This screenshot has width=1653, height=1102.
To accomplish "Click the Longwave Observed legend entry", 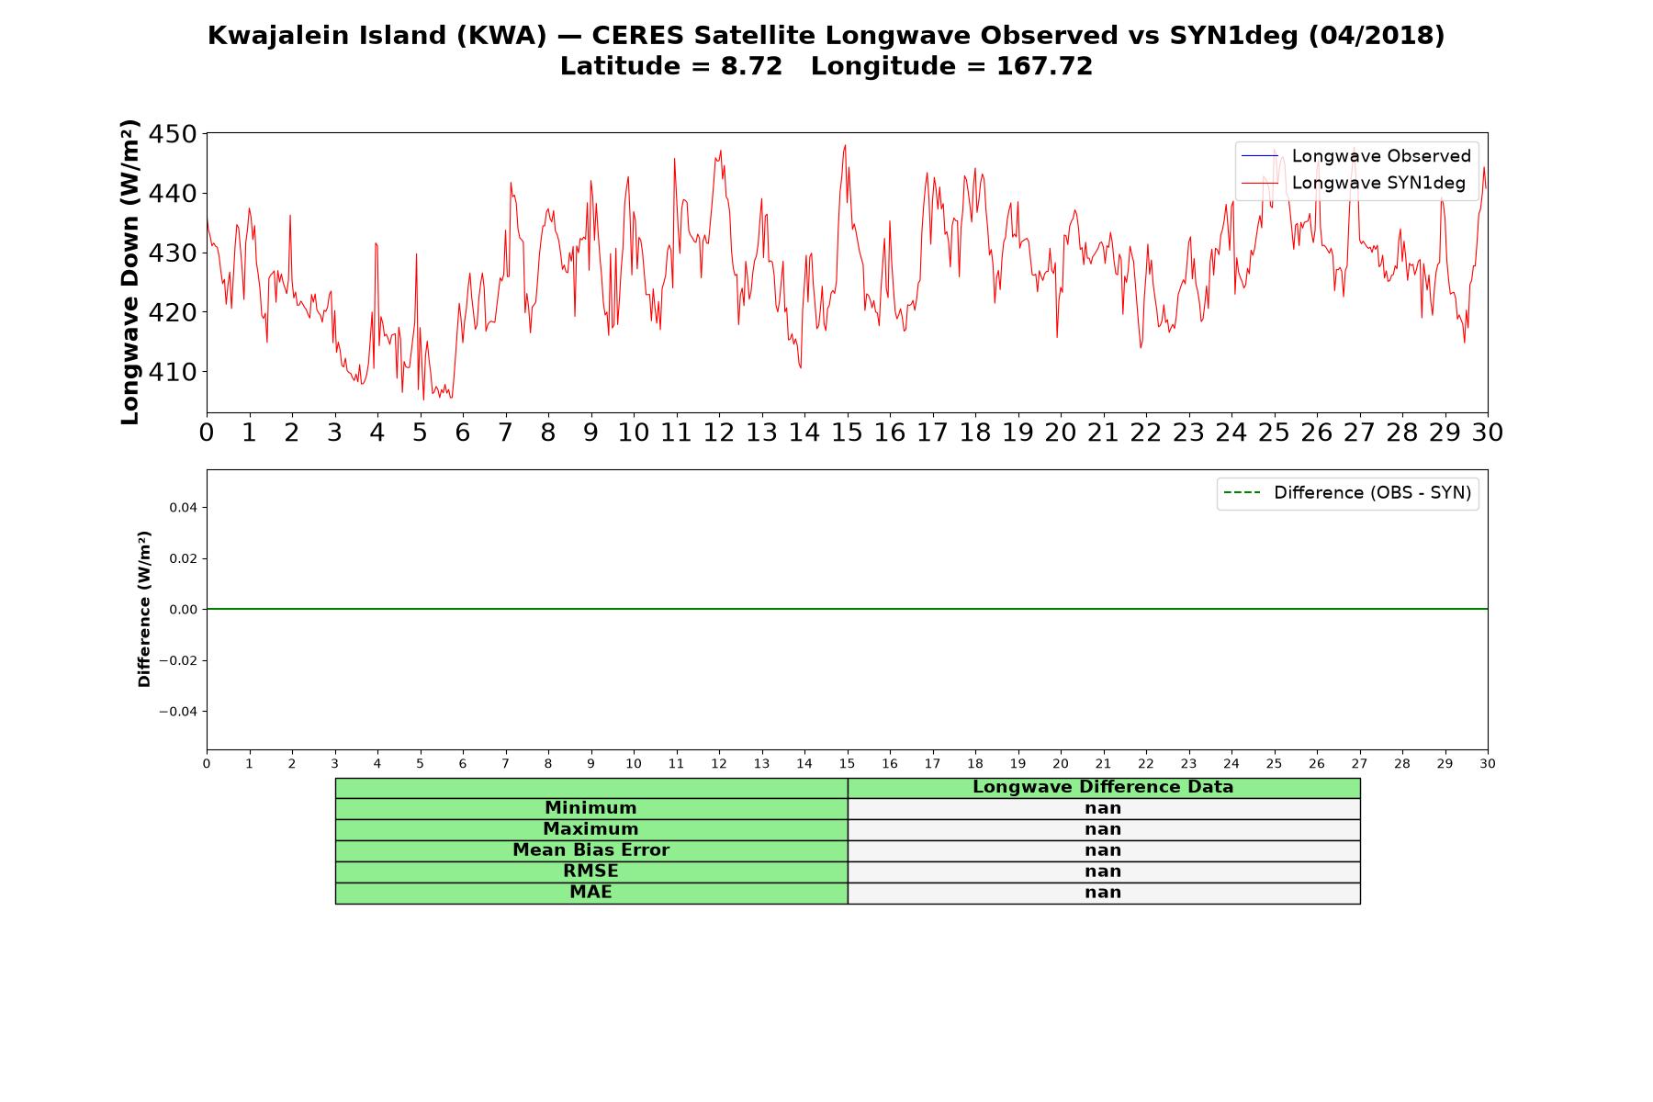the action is pyautogui.click(x=1355, y=156).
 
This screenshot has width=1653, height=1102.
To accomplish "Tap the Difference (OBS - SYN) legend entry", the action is pyautogui.click(x=1347, y=493).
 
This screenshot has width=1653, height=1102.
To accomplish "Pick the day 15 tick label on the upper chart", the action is pyautogui.click(x=847, y=433).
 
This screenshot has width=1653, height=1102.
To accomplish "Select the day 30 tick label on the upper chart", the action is pyautogui.click(x=1488, y=433).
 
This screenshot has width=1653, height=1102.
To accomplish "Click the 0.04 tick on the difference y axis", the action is pyautogui.click(x=183, y=508).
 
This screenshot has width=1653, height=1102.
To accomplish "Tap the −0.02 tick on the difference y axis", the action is pyautogui.click(x=178, y=660).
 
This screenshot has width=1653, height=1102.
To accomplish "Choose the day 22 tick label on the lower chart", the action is pyautogui.click(x=1146, y=764).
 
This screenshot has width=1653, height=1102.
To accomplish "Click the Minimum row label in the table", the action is pyautogui.click(x=590, y=808).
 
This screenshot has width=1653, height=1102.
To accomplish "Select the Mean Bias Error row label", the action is pyautogui.click(x=590, y=850).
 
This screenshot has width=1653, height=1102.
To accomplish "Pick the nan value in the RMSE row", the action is pyautogui.click(x=1103, y=871).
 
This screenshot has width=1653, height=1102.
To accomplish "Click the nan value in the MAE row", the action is pyautogui.click(x=1103, y=893).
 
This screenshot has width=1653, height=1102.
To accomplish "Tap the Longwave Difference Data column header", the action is pyautogui.click(x=1103, y=787).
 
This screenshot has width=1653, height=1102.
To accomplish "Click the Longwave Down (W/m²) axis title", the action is pyautogui.click(x=130, y=272).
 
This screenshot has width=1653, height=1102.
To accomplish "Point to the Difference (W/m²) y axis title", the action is pyautogui.click(x=144, y=609).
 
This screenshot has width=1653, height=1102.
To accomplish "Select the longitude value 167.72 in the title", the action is pyautogui.click(x=1044, y=66).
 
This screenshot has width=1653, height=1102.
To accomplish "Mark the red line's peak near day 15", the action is pyautogui.click(x=845, y=145).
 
